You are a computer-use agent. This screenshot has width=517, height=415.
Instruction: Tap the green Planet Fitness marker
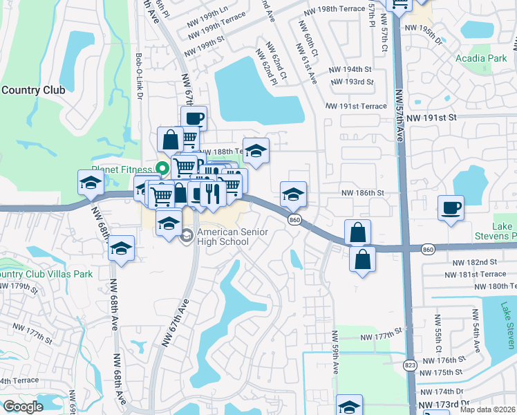pyautogui.click(x=163, y=167)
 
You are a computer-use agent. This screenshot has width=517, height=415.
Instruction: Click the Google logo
pyautogui.click(x=23, y=407)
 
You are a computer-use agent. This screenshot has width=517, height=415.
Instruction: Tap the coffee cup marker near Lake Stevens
pyautogui.click(x=451, y=207)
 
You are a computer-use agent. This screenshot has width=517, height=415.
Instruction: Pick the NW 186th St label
pyautogui.click(x=362, y=194)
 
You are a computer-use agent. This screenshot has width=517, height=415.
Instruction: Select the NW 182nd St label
pyautogui.click(x=475, y=263)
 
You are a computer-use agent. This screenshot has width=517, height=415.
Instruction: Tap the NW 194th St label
pyautogui.click(x=350, y=70)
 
